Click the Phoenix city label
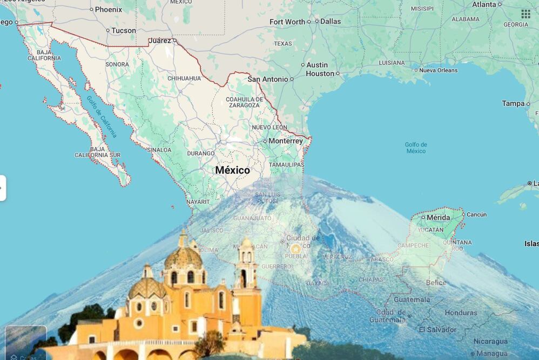click(109, 9)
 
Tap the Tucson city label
click(123, 31)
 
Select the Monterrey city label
click(286, 141)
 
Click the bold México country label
click(233, 170)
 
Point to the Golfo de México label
click(416, 148)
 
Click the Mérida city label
click(438, 217)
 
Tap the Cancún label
click(476, 215)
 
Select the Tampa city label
click(513, 103)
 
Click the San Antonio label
click(268, 79)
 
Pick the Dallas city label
click(331, 22)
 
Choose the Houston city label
click(320, 74)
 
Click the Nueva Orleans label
click(438, 70)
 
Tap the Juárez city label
click(159, 41)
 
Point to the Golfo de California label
click(102, 116)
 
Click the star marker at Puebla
click(295, 249)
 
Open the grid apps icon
click(525, 14)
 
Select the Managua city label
click(492, 354)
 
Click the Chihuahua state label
click(184, 78)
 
